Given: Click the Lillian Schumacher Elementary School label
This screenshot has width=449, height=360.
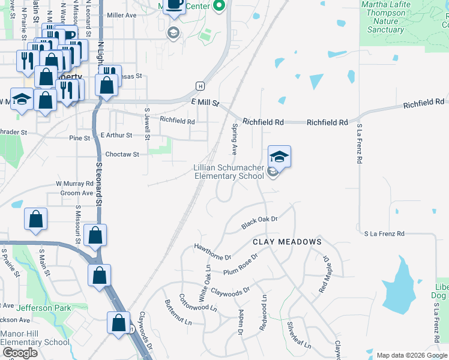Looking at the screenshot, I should tap(228, 172).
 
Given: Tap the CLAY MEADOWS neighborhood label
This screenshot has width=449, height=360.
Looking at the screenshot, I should tap(287, 242).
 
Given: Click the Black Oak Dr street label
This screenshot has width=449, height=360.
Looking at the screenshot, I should tap(259, 223).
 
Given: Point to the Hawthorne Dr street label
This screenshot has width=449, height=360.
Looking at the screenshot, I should tap(212, 252).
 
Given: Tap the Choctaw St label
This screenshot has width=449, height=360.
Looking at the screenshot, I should tap(122, 154).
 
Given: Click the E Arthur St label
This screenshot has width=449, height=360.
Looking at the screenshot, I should tap(116, 136).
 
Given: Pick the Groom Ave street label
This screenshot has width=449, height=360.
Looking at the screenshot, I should tap(77, 193).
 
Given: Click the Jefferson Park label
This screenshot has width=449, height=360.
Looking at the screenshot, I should tap(44, 308).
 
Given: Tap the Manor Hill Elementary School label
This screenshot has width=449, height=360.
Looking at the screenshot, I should tap(35, 338).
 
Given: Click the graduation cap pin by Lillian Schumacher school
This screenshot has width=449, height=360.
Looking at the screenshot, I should tap(279, 157).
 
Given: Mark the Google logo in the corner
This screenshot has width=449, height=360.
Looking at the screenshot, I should tap(20, 352).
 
